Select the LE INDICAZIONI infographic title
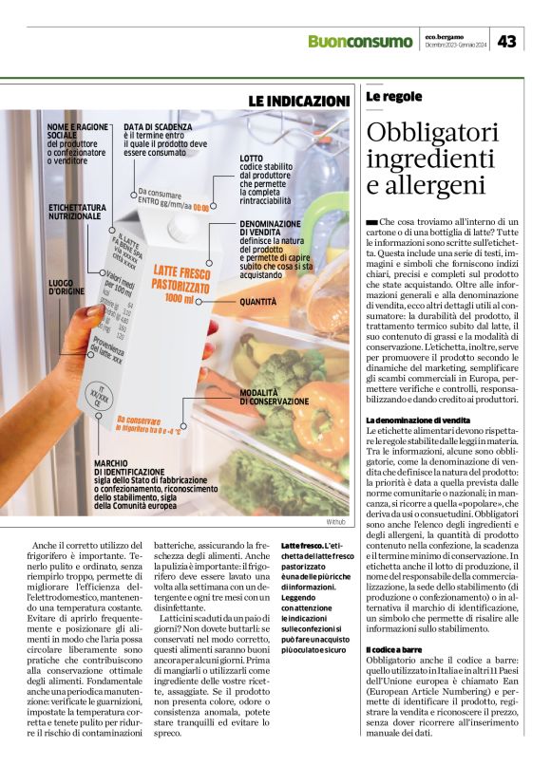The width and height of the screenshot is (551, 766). [x=299, y=100]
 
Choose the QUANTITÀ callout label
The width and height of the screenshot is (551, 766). [x=258, y=302]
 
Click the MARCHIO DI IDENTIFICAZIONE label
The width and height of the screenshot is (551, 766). [x=128, y=467]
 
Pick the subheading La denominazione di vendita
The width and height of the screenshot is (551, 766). [x=418, y=420]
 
